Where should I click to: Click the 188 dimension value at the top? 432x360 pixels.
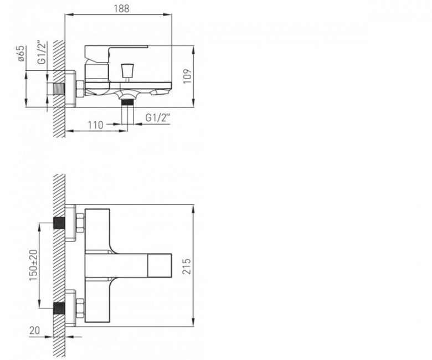[121, 8]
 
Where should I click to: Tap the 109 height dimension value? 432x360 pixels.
[187, 76]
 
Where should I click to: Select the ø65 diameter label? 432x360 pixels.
[21, 54]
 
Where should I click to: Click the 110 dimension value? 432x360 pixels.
[95, 125]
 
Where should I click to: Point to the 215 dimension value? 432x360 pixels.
[187, 266]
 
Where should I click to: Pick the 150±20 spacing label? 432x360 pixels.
[33, 265]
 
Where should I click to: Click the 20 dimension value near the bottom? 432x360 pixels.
[35, 331]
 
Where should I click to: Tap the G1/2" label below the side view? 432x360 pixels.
[157, 118]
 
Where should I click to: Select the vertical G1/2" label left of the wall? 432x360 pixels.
[42, 53]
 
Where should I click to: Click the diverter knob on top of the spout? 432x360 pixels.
[127, 70]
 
